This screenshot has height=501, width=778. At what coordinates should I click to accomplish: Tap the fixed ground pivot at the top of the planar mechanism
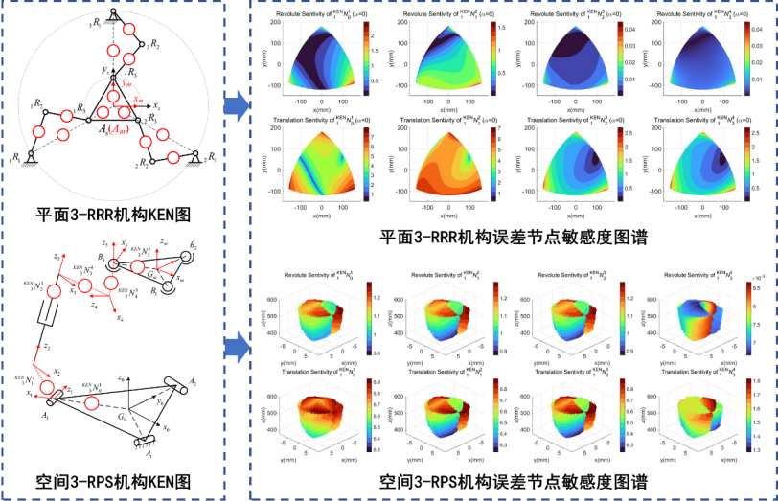point(113,12)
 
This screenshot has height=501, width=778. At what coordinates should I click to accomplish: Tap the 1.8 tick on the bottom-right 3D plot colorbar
point(755,381)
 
